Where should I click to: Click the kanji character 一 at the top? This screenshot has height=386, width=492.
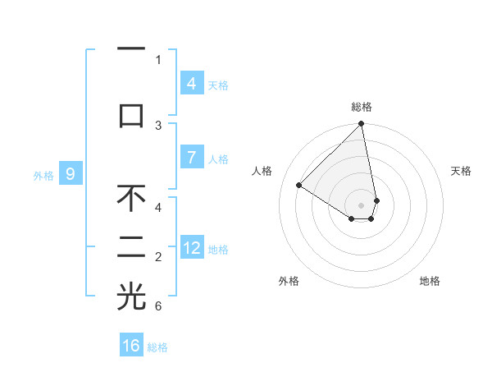(131, 49)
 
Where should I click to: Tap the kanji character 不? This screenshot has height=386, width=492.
(131, 198)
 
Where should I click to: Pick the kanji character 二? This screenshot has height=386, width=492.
(131, 247)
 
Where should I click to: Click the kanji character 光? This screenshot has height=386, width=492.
(131, 296)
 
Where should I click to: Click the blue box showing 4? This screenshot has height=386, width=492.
(191, 83)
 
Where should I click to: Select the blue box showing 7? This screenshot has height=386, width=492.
(191, 158)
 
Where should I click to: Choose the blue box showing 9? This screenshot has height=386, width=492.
(71, 174)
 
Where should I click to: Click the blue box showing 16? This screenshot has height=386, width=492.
(131, 346)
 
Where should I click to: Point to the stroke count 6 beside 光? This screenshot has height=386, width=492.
(158, 306)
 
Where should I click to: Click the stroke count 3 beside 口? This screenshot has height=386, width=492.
(158, 125)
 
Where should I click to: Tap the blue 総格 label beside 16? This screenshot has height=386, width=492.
(157, 347)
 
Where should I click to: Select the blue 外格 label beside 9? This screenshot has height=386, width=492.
(43, 175)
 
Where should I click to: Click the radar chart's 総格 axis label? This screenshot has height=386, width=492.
(362, 107)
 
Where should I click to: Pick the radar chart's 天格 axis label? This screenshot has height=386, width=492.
(462, 171)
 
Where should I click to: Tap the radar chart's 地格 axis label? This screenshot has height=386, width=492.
(430, 281)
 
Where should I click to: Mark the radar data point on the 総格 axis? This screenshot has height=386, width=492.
(362, 125)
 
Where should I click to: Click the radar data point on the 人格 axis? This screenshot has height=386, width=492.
(299, 186)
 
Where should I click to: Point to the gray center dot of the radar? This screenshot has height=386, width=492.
(362, 204)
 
